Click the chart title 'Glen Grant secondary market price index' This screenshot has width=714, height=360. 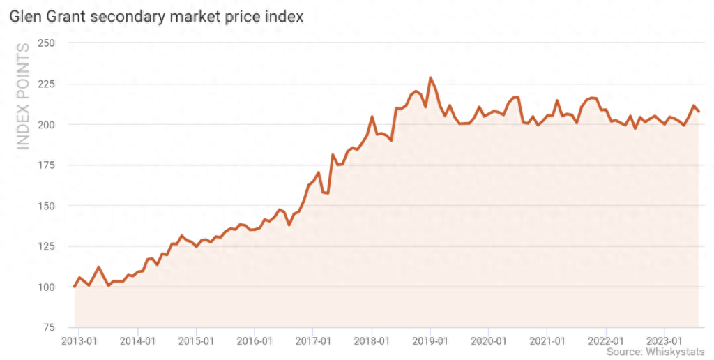pos(156,16)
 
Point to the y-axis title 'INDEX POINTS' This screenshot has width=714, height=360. pos(23,96)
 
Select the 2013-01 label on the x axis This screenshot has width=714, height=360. pos(79,340)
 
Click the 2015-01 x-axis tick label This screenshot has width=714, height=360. pos(196,340)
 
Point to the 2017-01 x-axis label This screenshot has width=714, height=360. pos(313,340)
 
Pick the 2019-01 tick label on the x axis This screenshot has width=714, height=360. pos(430,340)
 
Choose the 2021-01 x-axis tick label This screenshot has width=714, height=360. pos(547,340)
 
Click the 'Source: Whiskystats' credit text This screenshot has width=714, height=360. pos(655,352)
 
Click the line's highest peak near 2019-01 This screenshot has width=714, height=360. pos(430,77)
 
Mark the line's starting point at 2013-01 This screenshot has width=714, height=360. pos(75,287)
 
